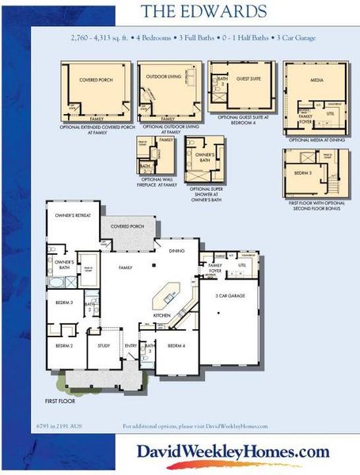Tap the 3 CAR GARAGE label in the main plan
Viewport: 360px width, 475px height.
coord(231,295)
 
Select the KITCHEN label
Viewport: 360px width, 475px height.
coord(161,315)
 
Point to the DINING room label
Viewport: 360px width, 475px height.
coord(178,251)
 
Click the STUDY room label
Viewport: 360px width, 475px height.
coord(104,345)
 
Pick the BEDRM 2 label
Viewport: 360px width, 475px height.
coord(64,346)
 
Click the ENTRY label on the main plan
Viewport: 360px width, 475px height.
coord(131,345)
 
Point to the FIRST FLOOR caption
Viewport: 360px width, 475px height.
coord(61,401)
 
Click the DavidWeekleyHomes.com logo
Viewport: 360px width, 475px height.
coord(233,452)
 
